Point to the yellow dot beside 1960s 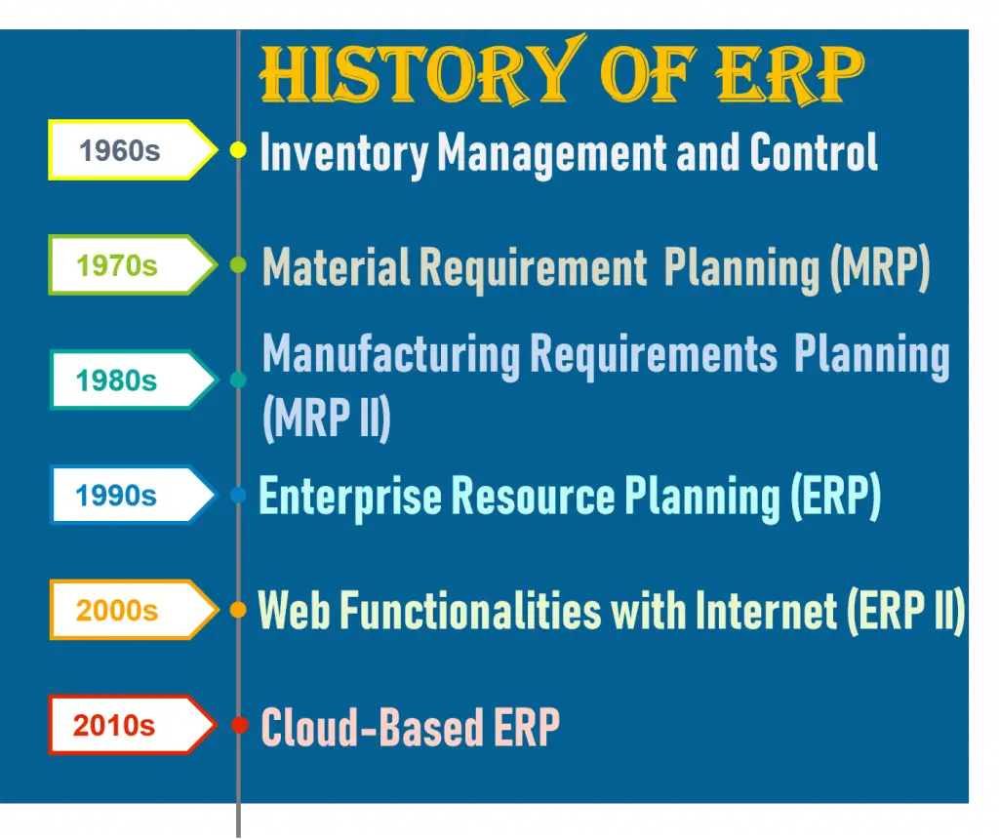(x=237, y=150)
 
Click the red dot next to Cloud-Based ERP (x=238, y=726)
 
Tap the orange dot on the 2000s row (x=238, y=611)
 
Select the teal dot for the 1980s (x=238, y=380)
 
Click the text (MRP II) (x=327, y=418)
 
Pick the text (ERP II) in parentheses (x=904, y=612)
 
